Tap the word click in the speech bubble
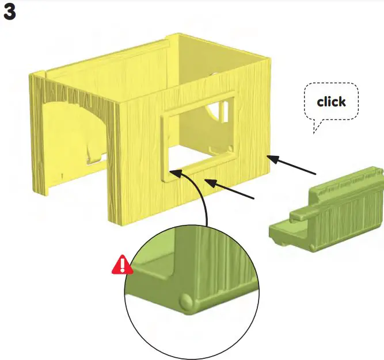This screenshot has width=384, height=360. tap(331, 102)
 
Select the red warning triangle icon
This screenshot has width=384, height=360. tap(121, 265)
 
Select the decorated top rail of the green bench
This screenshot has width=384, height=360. tap(345, 181)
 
